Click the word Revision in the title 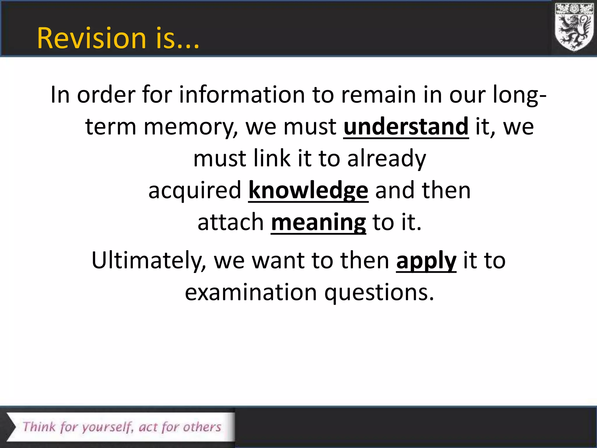point(91,38)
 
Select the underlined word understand point(406,127)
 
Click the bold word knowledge point(308,190)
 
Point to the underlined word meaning point(318,223)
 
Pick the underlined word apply point(426,260)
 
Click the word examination point(251,292)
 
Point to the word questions point(379,293)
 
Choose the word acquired point(195,190)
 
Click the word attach point(231,222)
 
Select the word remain point(378,94)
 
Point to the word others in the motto point(202,427)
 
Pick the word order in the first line point(106,94)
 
